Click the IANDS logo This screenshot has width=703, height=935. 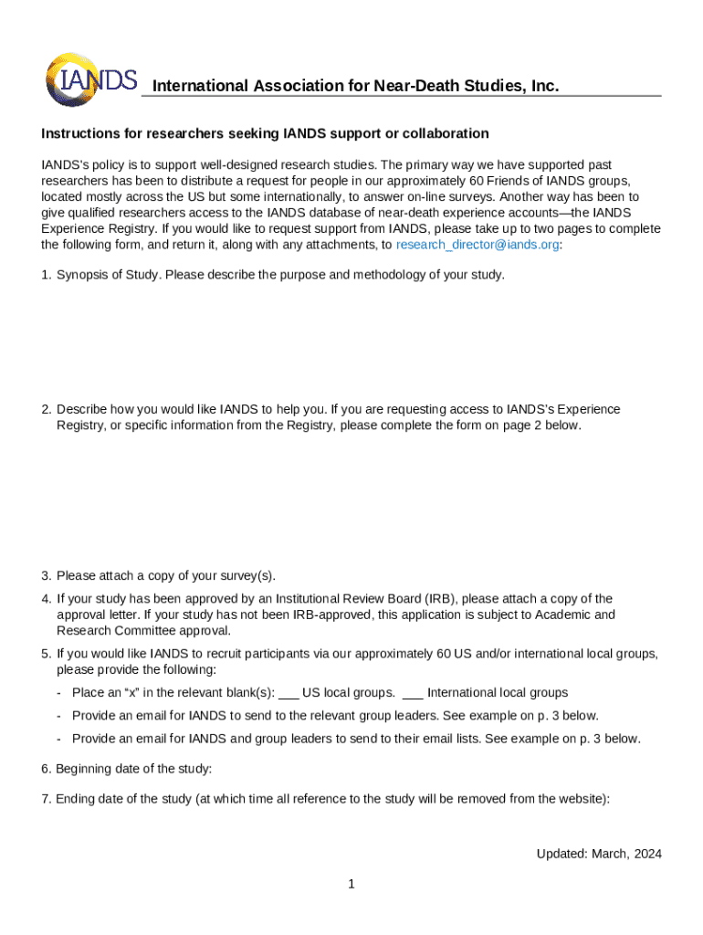click(x=90, y=79)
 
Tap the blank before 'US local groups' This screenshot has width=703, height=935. click(x=289, y=693)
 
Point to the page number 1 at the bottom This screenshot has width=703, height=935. click(x=351, y=884)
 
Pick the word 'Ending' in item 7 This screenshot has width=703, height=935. click(x=77, y=799)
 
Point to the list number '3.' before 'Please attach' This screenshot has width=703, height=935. click(x=46, y=575)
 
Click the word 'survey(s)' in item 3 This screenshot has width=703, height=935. click(x=246, y=575)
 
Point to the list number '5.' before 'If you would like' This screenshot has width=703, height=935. click(x=46, y=654)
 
